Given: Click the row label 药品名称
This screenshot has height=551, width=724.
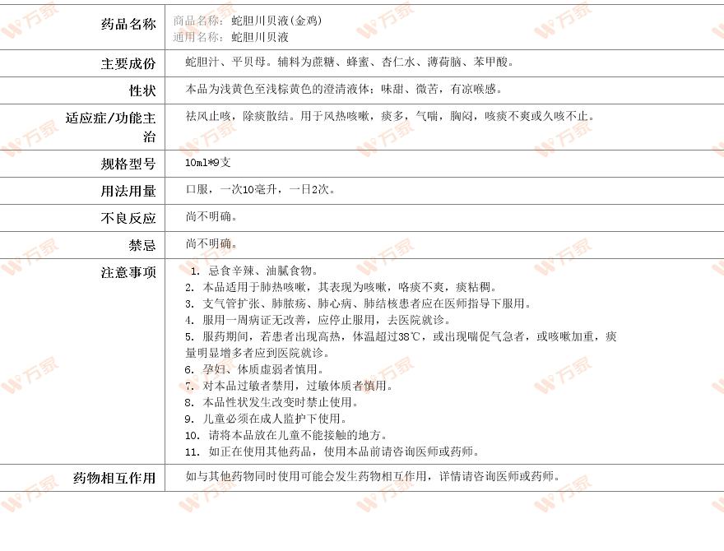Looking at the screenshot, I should (x=128, y=25).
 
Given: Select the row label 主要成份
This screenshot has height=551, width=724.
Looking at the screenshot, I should (x=128, y=64).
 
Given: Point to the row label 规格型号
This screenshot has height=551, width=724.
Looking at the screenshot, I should (x=128, y=164).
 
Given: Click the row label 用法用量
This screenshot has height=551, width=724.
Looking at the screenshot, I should (x=128, y=192).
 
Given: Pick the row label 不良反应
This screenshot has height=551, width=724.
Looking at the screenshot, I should (x=128, y=219).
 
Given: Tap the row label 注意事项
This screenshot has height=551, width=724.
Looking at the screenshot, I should (x=128, y=272).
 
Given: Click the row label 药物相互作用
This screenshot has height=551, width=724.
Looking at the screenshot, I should (x=114, y=479).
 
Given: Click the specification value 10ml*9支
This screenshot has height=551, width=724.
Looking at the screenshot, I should (x=208, y=163).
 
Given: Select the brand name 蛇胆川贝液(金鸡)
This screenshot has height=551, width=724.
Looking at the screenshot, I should (x=276, y=21).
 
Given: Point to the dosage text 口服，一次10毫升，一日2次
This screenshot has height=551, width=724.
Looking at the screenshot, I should (x=259, y=189).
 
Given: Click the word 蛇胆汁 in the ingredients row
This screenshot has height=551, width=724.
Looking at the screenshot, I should (x=202, y=62).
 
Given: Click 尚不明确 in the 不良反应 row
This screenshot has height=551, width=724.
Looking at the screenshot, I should (x=211, y=216).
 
